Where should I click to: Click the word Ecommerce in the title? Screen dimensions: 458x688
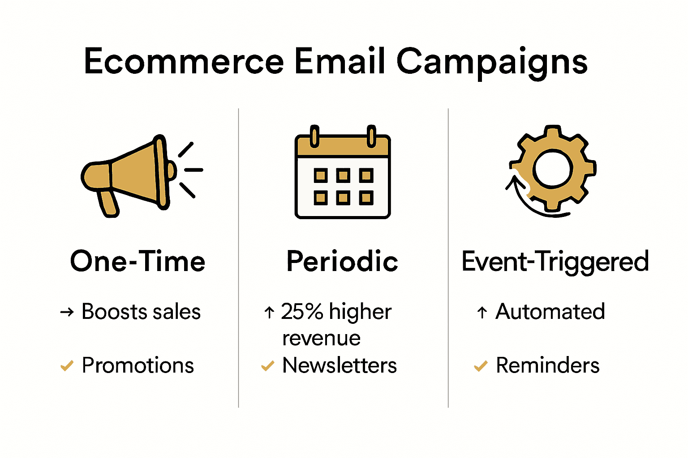184,62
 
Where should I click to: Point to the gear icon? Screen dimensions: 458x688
553,169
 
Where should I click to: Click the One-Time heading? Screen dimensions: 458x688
138,261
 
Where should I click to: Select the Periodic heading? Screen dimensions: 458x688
342,261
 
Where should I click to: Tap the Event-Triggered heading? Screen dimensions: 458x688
555,261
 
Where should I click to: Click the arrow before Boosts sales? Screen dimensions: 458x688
67,312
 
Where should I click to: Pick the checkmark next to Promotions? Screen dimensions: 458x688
67,366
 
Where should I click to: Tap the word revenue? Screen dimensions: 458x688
321,339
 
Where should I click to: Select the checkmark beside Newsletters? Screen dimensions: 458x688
267,366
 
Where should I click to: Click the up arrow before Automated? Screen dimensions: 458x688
482,312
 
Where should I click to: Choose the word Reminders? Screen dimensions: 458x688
547,365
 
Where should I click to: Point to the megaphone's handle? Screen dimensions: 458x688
108,204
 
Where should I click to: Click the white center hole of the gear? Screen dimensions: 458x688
553,169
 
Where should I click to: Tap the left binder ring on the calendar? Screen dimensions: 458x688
314,136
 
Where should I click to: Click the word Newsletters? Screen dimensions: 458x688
339,365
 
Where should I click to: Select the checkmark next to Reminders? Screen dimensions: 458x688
480,366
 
